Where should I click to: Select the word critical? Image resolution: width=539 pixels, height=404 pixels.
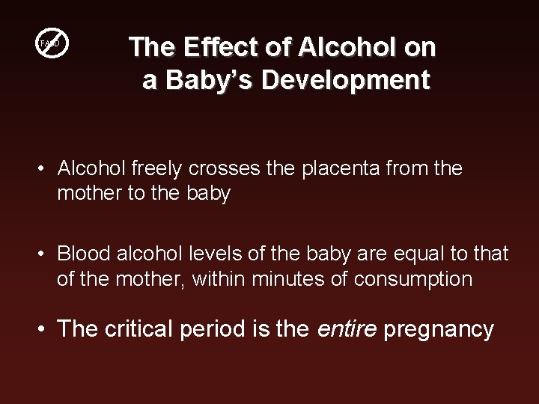[x=135, y=328]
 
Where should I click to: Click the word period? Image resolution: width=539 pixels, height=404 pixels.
[x=216, y=328]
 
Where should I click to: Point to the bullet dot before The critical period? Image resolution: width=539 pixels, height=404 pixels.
[x=45, y=329]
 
